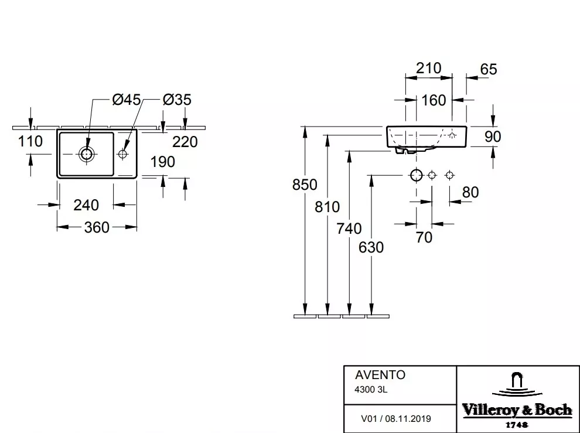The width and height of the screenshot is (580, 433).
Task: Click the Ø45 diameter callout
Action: click(x=126, y=100)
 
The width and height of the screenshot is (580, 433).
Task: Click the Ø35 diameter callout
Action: click(x=177, y=100)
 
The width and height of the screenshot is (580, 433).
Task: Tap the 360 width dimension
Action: click(x=97, y=227)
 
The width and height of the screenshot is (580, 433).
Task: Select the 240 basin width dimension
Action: click(x=86, y=204)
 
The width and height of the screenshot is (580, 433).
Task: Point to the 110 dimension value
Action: click(x=30, y=141)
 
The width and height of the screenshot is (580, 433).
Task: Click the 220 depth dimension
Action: click(x=185, y=142)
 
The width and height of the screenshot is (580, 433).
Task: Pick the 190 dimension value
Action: click(x=163, y=162)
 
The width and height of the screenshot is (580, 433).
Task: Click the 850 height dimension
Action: click(x=305, y=185)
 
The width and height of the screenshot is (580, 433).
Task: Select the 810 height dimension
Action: click(x=327, y=206)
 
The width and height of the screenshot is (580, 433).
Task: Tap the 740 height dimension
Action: click(x=349, y=229)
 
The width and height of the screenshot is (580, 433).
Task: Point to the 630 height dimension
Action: click(x=371, y=247)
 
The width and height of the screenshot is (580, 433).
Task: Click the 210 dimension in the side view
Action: click(x=429, y=68)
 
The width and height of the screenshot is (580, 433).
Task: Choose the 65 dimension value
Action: click(x=489, y=69)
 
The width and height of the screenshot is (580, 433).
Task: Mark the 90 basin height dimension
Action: click(x=493, y=137)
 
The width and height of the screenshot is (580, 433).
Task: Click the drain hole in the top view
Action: click(x=87, y=153)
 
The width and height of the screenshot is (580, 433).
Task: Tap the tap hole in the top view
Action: click(x=123, y=153)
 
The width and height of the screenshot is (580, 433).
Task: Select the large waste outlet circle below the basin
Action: click(x=417, y=175)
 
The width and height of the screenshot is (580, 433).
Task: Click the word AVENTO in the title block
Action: click(x=380, y=375)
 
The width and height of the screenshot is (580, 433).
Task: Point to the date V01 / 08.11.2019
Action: click(x=396, y=418)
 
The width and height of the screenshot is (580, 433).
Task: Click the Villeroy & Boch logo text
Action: click(x=517, y=410)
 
